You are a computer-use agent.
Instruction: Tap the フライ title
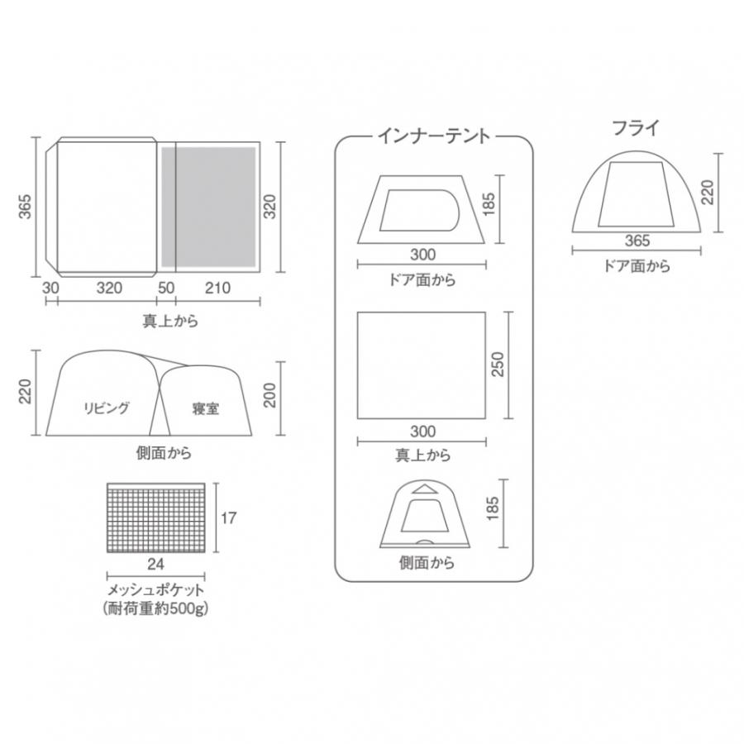(x=636, y=129)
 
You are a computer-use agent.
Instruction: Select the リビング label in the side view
(x=107, y=408)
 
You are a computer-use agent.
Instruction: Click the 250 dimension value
(x=498, y=365)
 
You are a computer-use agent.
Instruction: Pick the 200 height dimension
(x=269, y=398)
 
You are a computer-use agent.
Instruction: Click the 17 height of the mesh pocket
(x=230, y=518)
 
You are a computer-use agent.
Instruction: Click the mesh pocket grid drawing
(x=156, y=518)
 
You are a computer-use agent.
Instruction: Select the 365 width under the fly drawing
(x=637, y=241)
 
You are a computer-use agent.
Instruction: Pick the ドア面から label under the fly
(x=637, y=266)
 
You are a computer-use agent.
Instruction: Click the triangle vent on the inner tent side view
(x=427, y=489)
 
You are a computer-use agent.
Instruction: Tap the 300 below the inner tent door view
(x=422, y=255)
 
